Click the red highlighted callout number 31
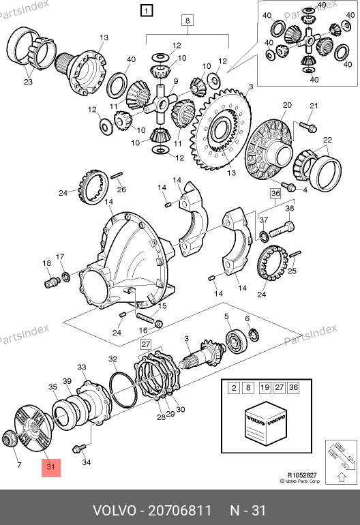tap(51, 468)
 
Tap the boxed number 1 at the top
tap(147, 11)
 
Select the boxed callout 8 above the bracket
tap(187, 20)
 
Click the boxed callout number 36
tap(275, 193)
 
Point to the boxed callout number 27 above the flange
tap(146, 344)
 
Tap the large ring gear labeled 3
tap(220, 130)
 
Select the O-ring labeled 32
tap(123, 389)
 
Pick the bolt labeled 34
tap(79, 448)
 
